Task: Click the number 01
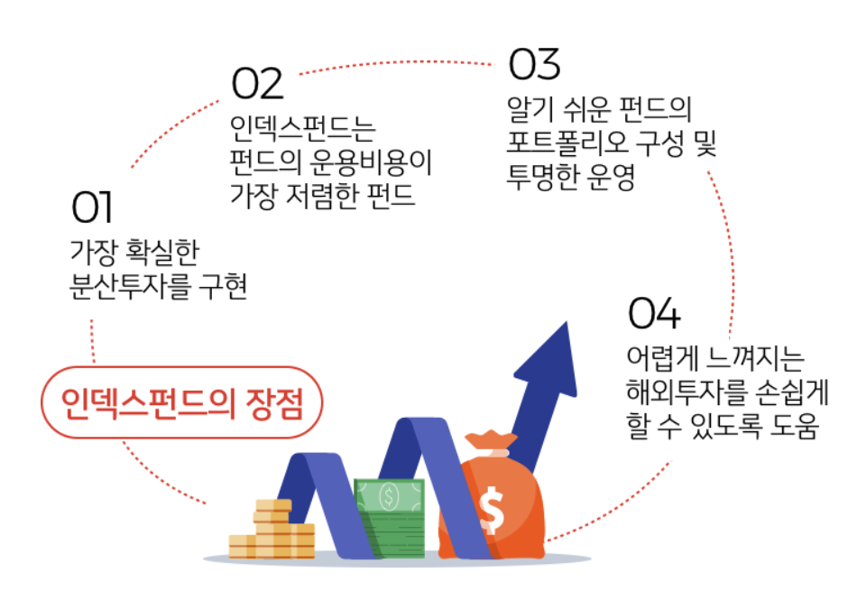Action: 92,208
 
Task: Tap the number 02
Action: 258,85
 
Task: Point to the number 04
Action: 653,314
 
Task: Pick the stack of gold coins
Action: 272,531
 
